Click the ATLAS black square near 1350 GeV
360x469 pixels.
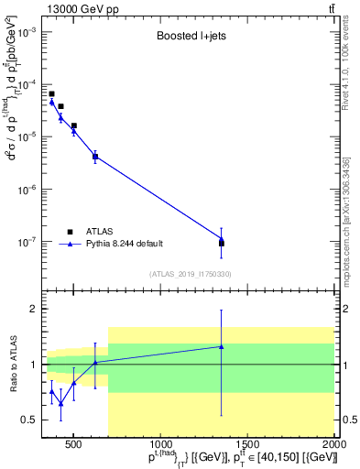pos(221,243)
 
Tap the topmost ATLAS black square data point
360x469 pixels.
pos(51,93)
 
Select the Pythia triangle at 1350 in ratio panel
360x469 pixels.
pos(221,346)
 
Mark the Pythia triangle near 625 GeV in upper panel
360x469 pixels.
pos(95,156)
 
